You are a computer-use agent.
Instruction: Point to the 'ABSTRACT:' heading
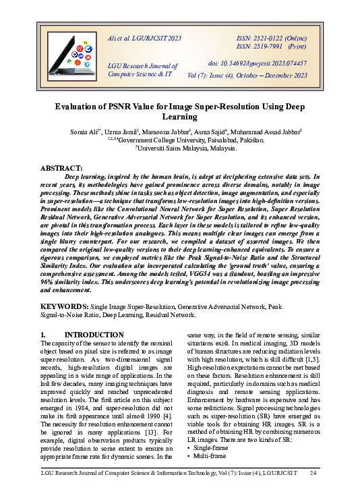[x=61, y=167]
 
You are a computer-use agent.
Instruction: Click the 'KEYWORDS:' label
[x=64, y=306]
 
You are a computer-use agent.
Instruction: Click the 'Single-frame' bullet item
[x=211, y=447]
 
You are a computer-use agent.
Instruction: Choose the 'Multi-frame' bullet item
[x=210, y=456]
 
